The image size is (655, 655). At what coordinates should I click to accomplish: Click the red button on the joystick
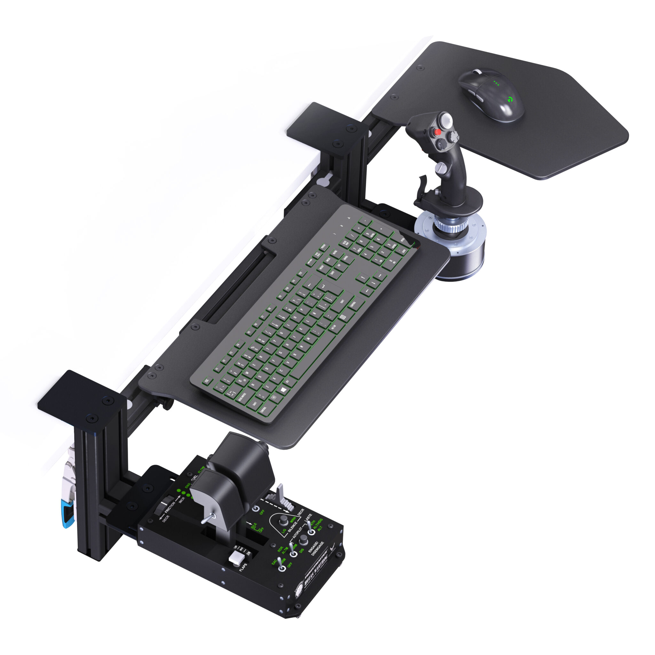pos(438,131)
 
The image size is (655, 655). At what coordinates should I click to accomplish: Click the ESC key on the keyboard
pos(207,381)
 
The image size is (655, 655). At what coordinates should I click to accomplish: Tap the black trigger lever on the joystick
pos(423,183)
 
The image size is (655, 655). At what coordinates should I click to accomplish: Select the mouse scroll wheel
pos(477,72)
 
